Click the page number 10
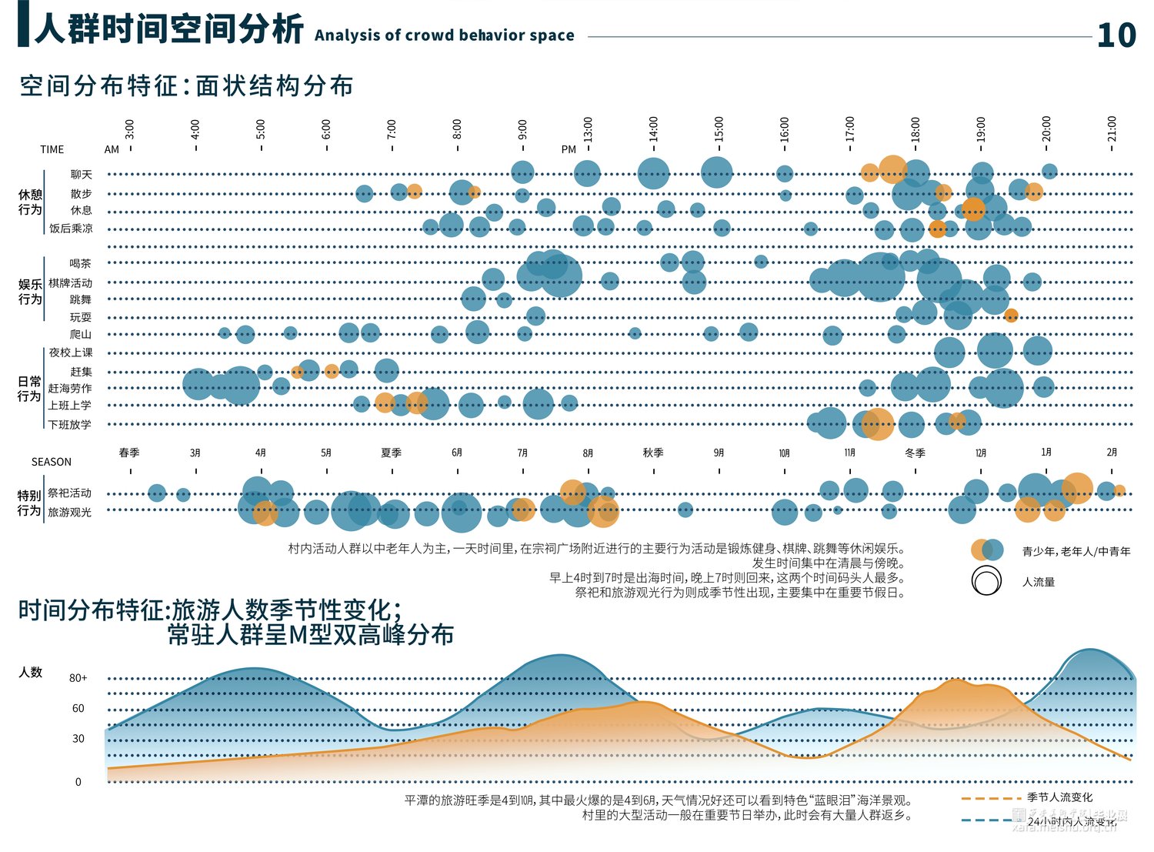[x=1116, y=35]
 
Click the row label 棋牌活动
[x=70, y=283]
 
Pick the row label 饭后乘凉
[x=71, y=229]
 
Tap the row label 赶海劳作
[x=70, y=389]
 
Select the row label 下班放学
[x=70, y=424]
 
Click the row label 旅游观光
[x=70, y=512]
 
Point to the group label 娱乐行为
[x=30, y=292]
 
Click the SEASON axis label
[x=52, y=462]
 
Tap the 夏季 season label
[x=392, y=453]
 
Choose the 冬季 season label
[x=915, y=453]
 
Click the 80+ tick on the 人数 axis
[x=78, y=678]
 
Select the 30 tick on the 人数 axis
[x=78, y=738]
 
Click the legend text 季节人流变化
[x=1059, y=797]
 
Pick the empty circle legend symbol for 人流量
[x=986, y=581]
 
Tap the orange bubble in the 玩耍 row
[x=1011, y=315]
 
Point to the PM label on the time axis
[x=569, y=149]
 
